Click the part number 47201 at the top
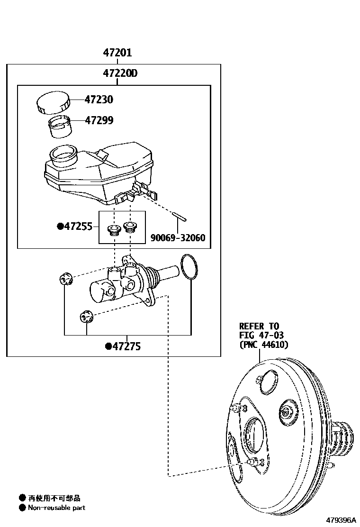tap(117, 53)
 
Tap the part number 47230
tap(99, 100)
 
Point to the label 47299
tap(99, 120)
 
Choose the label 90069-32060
tap(178, 237)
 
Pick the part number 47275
tap(126, 346)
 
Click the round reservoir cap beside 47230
tap(53, 103)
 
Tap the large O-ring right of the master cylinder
tap(190, 267)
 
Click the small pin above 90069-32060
tap(180, 217)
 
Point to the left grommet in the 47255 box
tap(113, 230)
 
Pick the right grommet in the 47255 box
tap(129, 227)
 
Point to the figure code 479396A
tap(340, 520)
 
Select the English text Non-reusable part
tap(56, 508)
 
